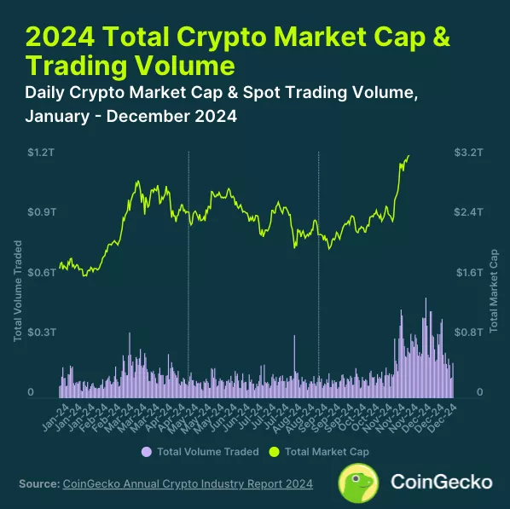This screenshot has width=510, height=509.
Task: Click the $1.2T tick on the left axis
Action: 39,153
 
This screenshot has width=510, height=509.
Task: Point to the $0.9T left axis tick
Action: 39,211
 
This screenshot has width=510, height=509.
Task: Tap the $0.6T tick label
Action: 39,272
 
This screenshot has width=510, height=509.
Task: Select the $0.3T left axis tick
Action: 39,332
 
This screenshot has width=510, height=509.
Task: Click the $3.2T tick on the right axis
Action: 470,153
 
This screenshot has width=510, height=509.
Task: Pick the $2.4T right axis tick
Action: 470,211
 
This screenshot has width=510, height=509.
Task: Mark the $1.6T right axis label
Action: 470,272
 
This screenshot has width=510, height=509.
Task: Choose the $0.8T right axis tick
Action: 470,332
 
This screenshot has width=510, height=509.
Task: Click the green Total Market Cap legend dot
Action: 274,452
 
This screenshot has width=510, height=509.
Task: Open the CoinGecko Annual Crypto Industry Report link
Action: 188,484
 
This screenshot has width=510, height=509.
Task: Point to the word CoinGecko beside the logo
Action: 441,482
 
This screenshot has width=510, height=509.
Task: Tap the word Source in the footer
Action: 38,484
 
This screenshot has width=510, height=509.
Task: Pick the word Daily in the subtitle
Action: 51,94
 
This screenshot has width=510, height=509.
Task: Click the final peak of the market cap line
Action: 409,156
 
